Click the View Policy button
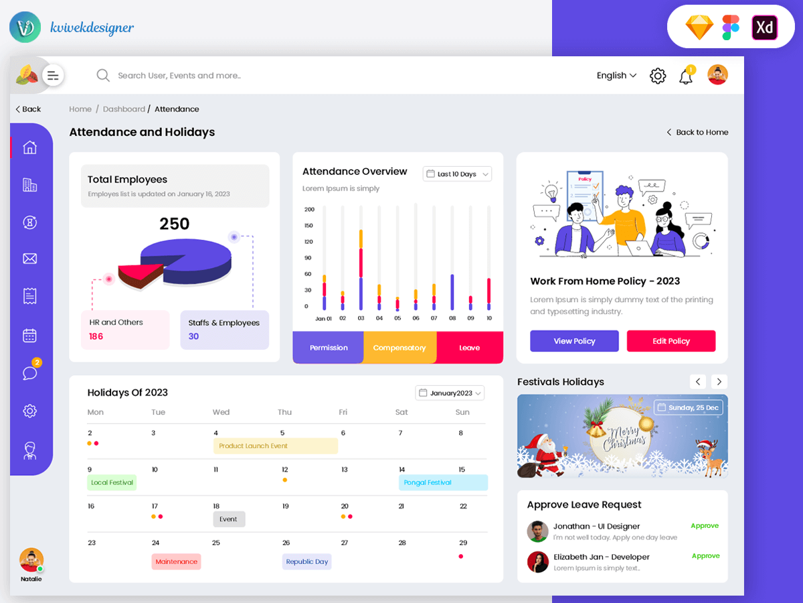(574, 341)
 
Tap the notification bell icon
(685, 76)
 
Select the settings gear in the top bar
(658, 76)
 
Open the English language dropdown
(616, 76)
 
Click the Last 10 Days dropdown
(457, 174)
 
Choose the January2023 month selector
(450, 393)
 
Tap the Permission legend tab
(329, 348)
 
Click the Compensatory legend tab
(399, 348)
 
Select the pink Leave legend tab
(469, 348)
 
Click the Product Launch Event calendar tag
(276, 446)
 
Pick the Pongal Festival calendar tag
(443, 482)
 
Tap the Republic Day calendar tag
(306, 561)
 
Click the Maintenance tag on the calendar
(176, 561)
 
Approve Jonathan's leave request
(705, 526)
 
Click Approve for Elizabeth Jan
(705, 556)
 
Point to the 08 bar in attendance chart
(452, 291)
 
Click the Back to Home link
(697, 132)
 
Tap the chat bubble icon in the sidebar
(30, 373)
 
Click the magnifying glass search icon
(103, 76)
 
